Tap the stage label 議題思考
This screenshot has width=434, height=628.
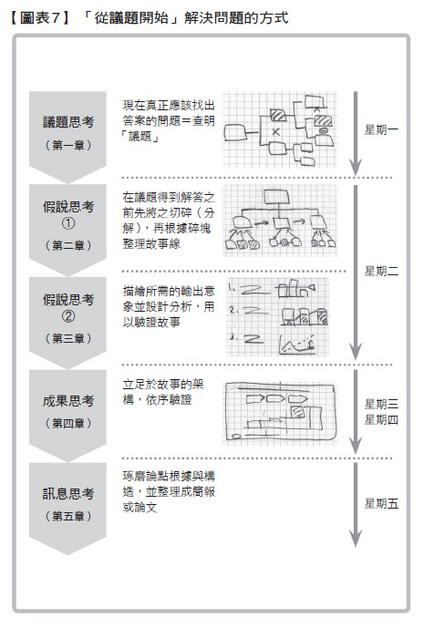(68, 122)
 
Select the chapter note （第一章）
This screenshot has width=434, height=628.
(68, 145)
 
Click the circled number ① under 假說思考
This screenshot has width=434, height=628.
(68, 223)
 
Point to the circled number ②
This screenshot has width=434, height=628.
(68, 316)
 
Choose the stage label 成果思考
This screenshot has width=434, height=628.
(68, 401)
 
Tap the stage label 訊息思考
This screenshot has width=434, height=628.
(68, 494)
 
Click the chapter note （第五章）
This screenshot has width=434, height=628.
(68, 516)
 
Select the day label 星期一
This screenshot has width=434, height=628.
(381, 129)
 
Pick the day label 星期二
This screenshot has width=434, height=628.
(381, 271)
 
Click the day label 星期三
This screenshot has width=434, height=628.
(381, 404)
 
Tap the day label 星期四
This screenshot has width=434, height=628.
(381, 420)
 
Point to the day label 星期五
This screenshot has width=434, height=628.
(381, 503)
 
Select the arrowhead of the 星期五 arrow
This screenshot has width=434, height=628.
(356, 539)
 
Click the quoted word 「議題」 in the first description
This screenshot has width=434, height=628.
(141, 137)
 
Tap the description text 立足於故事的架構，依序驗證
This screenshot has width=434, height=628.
(163, 392)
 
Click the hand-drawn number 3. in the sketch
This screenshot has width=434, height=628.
(232, 337)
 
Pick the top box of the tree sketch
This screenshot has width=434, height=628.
(276, 197)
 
